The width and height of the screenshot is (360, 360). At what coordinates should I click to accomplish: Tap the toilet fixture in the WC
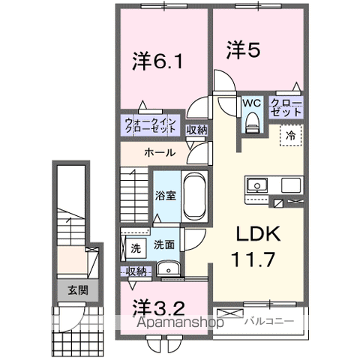[251, 120]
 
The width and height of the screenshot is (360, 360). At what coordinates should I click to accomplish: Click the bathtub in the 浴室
[194, 194]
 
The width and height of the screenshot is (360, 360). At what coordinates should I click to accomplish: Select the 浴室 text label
[165, 196]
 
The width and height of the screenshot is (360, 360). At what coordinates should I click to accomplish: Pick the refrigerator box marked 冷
[289, 136]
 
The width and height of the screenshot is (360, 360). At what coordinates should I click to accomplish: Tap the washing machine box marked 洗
[135, 246]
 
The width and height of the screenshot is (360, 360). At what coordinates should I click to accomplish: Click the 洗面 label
[163, 244]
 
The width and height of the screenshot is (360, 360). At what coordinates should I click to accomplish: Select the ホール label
[160, 152]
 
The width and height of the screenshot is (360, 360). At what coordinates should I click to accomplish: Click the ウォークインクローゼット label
[150, 124]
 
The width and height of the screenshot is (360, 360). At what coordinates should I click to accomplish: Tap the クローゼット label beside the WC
[286, 106]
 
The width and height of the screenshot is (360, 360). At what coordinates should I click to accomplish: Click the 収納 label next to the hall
[196, 128]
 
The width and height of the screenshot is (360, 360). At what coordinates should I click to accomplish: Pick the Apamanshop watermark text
[181, 323]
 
